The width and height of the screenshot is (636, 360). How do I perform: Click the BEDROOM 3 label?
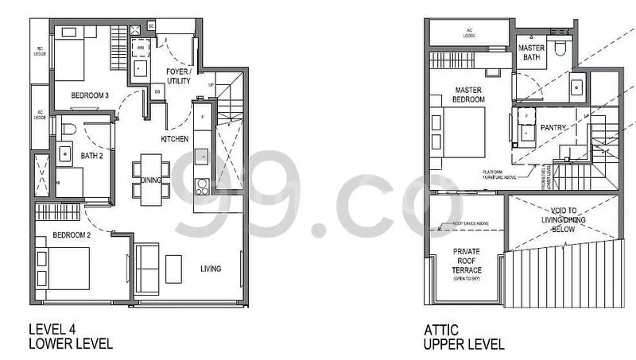point(89,96)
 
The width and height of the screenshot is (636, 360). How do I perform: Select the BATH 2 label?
point(91,156)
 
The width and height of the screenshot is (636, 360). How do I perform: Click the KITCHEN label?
point(174,139)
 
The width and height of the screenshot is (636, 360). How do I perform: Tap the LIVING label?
point(210,269)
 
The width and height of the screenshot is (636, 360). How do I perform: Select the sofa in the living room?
point(148,269)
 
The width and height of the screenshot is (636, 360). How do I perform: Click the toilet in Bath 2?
point(68,129)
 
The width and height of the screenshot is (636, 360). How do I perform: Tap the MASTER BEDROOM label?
point(469,95)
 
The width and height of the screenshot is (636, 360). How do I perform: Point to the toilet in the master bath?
point(561,49)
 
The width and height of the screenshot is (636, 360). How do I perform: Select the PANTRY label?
point(553,127)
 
